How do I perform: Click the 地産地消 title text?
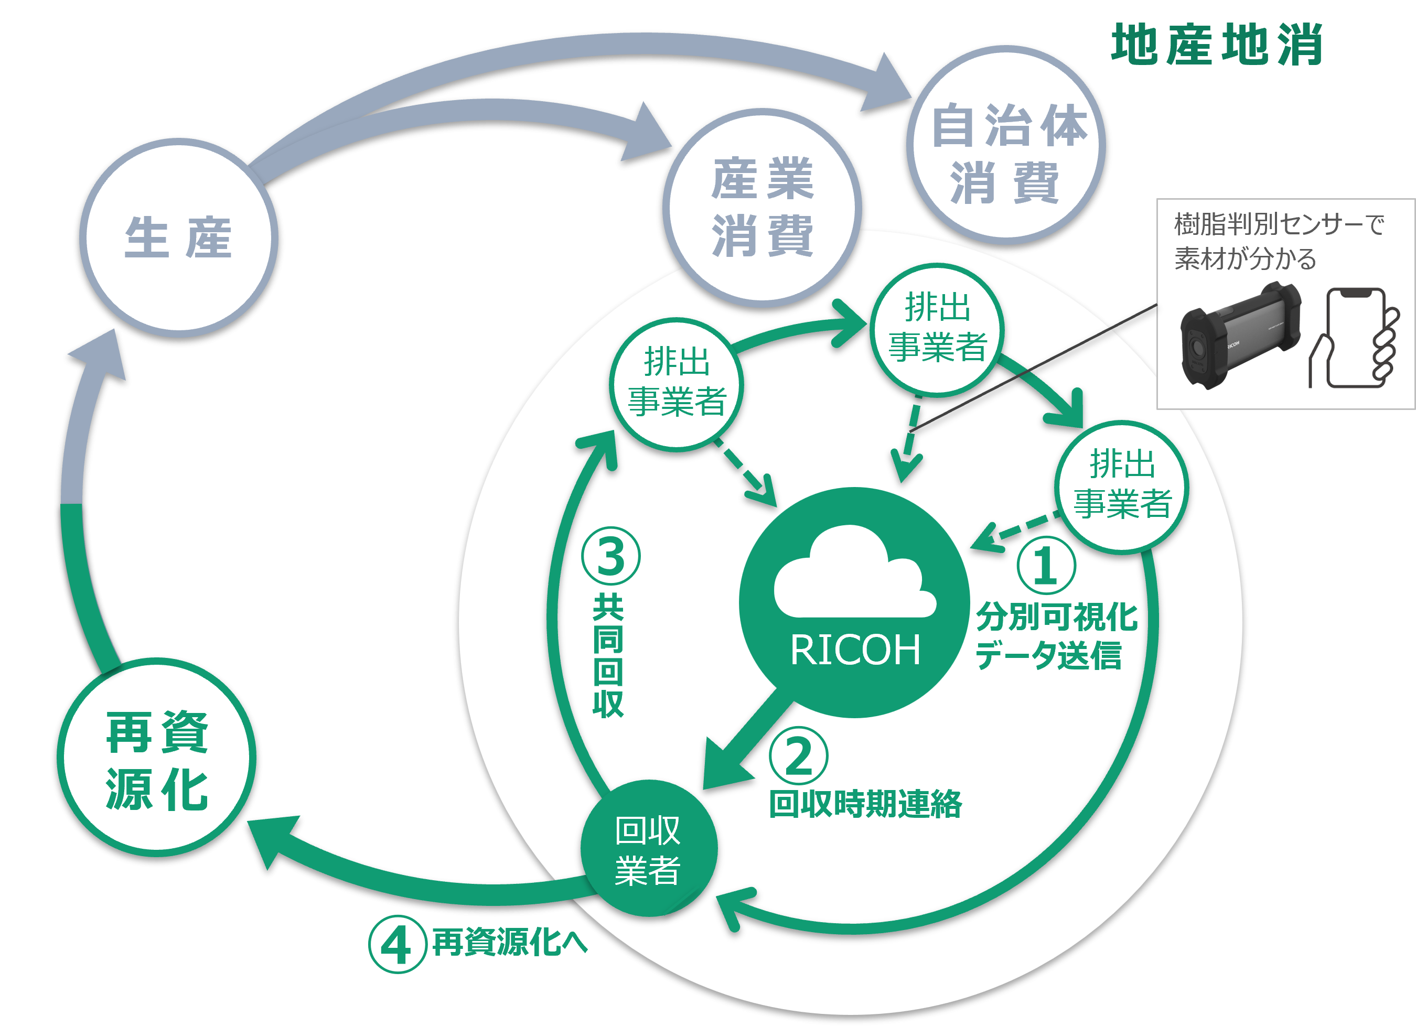click(x=1217, y=45)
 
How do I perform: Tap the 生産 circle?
click(x=178, y=237)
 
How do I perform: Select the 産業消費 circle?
click(x=763, y=207)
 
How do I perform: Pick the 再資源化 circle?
click(x=157, y=758)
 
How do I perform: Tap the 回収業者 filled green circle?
click(x=649, y=849)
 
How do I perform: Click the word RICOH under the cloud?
click(x=855, y=650)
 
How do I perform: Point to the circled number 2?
click(x=799, y=756)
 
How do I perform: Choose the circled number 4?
click(x=397, y=944)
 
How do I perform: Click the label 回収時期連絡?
click(x=865, y=804)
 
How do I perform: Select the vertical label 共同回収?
click(x=608, y=656)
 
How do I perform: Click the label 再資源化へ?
click(x=509, y=942)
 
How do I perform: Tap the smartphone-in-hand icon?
click(x=1354, y=338)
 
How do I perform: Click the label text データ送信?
click(x=1049, y=656)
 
